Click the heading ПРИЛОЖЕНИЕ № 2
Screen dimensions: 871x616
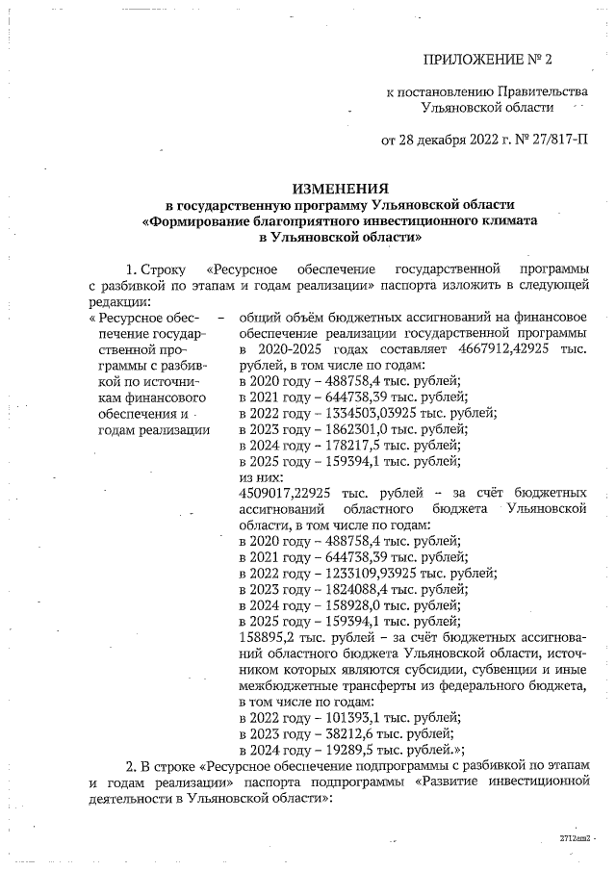(488, 61)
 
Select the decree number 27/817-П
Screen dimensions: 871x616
(552, 141)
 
